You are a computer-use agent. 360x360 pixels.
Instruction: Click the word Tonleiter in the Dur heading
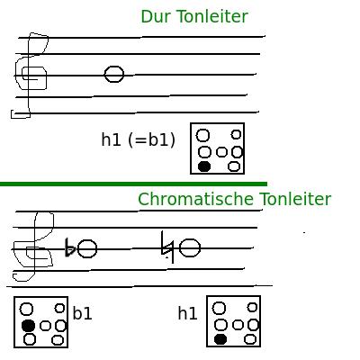pyautogui.click(x=212, y=16)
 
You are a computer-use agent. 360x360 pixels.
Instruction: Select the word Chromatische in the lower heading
pyautogui.click(x=196, y=199)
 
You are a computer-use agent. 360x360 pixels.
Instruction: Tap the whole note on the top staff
pyautogui.click(x=114, y=74)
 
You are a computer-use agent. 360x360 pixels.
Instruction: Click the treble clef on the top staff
pyautogui.click(x=29, y=75)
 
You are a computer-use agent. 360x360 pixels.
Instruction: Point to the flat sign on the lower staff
pyautogui.click(x=70, y=247)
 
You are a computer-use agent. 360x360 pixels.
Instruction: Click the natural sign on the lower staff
pyautogui.click(x=167, y=247)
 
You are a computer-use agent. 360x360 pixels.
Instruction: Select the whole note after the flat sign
pyautogui.click(x=87, y=248)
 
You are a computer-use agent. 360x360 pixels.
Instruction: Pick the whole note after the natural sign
pyautogui.click(x=190, y=247)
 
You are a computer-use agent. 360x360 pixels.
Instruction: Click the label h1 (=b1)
pyautogui.click(x=139, y=139)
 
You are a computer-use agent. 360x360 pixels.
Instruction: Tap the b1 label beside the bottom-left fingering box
pyautogui.click(x=82, y=313)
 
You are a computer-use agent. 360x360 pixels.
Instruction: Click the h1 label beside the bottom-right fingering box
pyautogui.click(x=187, y=313)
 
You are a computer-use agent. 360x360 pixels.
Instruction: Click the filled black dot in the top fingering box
pyautogui.click(x=204, y=166)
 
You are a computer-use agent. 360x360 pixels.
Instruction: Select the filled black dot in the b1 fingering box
pyautogui.click(x=29, y=326)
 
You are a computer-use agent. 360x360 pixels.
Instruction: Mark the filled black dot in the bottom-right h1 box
pyautogui.click(x=220, y=339)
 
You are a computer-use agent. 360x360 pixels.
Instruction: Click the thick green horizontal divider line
pyautogui.click(x=133, y=184)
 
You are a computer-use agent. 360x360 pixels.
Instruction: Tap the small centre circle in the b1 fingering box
pyautogui.click(x=45, y=326)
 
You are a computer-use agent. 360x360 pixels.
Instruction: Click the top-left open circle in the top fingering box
pyautogui.click(x=202, y=135)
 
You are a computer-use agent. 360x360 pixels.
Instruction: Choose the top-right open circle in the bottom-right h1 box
pyautogui.click(x=252, y=307)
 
